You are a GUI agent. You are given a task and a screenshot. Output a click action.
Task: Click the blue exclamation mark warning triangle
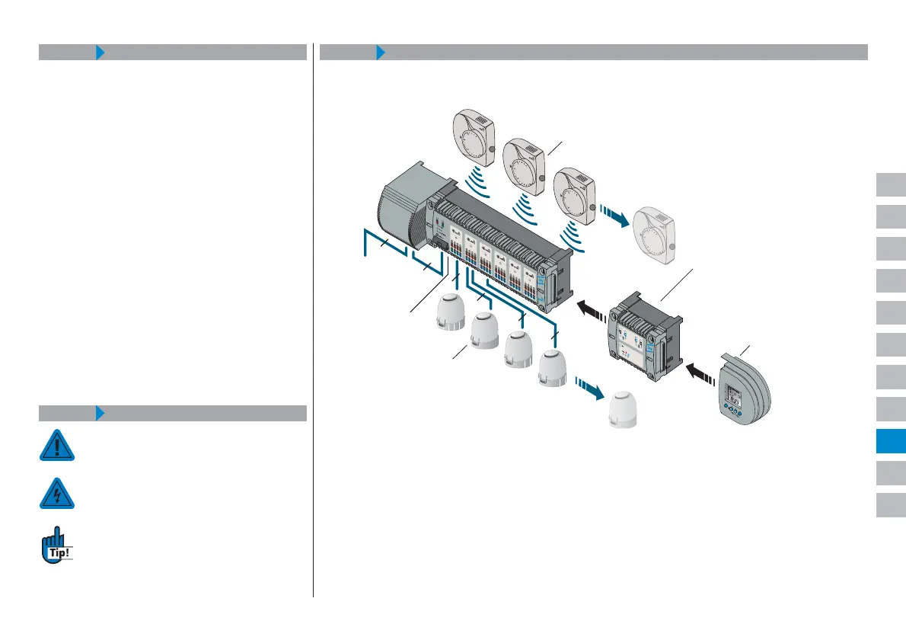click(57, 446)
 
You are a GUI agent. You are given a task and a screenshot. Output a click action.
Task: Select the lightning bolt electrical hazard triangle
click(57, 494)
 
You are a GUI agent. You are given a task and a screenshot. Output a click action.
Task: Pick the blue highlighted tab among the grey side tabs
click(890, 441)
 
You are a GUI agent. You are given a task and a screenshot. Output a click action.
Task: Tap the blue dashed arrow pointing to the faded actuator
click(589, 387)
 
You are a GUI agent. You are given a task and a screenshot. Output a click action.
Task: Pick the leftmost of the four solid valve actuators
click(448, 311)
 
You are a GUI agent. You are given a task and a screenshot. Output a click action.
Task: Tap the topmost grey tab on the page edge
click(890, 185)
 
